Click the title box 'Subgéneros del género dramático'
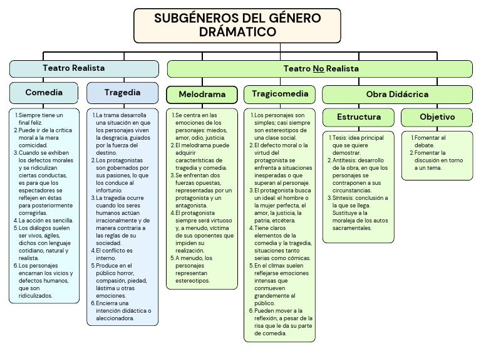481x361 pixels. click(237, 25)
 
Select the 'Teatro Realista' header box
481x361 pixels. click(84, 68)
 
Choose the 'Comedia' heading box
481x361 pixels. click(44, 93)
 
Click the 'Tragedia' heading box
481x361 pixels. click(122, 93)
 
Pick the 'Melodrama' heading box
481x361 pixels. click(202, 95)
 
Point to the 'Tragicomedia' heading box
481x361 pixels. click(279, 94)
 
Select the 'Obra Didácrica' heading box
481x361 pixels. click(397, 95)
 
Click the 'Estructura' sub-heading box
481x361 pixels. click(359, 117)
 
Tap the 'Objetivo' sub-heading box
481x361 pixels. click(437, 117)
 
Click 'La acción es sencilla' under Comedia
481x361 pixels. click(46, 220)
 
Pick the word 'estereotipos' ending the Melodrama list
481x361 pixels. click(192, 280)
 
